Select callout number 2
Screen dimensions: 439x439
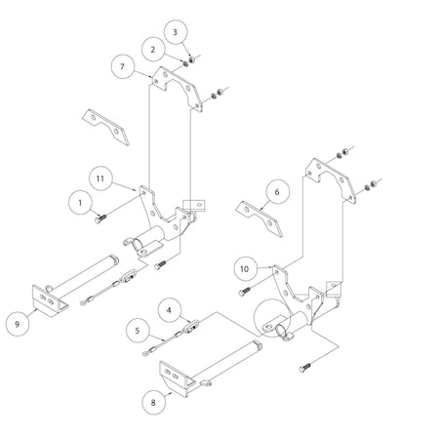pos(154,46)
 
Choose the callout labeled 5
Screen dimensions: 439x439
pos(142,330)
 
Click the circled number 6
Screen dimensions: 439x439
pos(276,193)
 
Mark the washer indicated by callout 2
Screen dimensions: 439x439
pos(184,63)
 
